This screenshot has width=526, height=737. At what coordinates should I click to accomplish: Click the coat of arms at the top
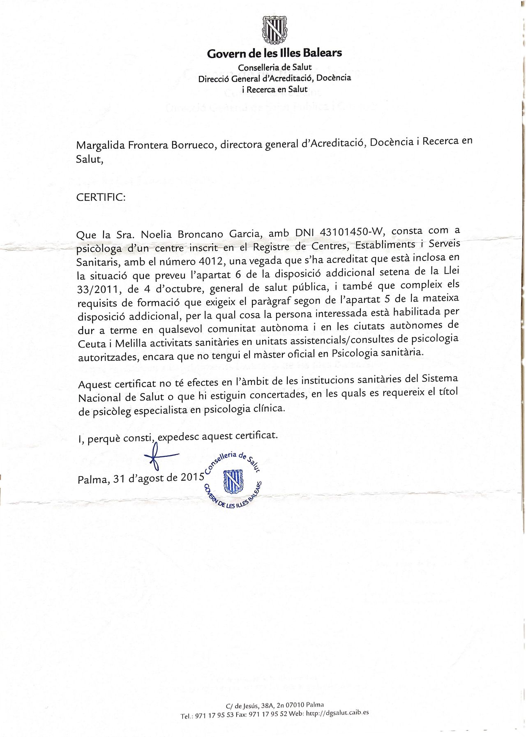click(x=274, y=30)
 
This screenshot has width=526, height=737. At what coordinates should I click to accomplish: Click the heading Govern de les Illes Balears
click(x=274, y=53)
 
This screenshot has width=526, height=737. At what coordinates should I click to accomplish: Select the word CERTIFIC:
click(x=101, y=197)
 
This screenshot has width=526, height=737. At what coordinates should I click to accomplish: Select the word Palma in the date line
click(x=92, y=479)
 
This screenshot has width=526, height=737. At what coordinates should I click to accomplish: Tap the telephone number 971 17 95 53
click(x=218, y=716)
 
